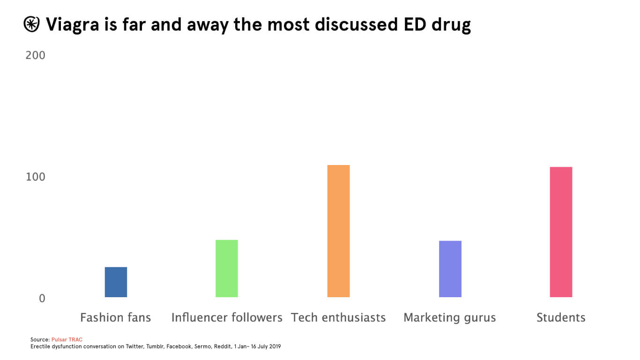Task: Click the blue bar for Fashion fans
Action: [x=116, y=282]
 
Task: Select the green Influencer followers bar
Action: [x=227, y=269]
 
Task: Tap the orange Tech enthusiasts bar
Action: [x=338, y=231]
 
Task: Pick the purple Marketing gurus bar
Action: [x=450, y=269]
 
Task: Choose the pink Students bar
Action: [x=561, y=232]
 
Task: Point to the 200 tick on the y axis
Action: [x=36, y=55]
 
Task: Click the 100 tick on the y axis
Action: [x=36, y=177]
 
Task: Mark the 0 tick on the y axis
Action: [x=42, y=298]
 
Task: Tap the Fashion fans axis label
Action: [x=116, y=318]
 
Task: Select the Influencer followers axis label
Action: [x=227, y=318]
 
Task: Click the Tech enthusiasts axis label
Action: [x=338, y=318]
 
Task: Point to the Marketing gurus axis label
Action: [x=450, y=318]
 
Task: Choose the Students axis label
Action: [x=561, y=318]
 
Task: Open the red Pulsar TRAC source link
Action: [x=67, y=339]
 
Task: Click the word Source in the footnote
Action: [x=40, y=339]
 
